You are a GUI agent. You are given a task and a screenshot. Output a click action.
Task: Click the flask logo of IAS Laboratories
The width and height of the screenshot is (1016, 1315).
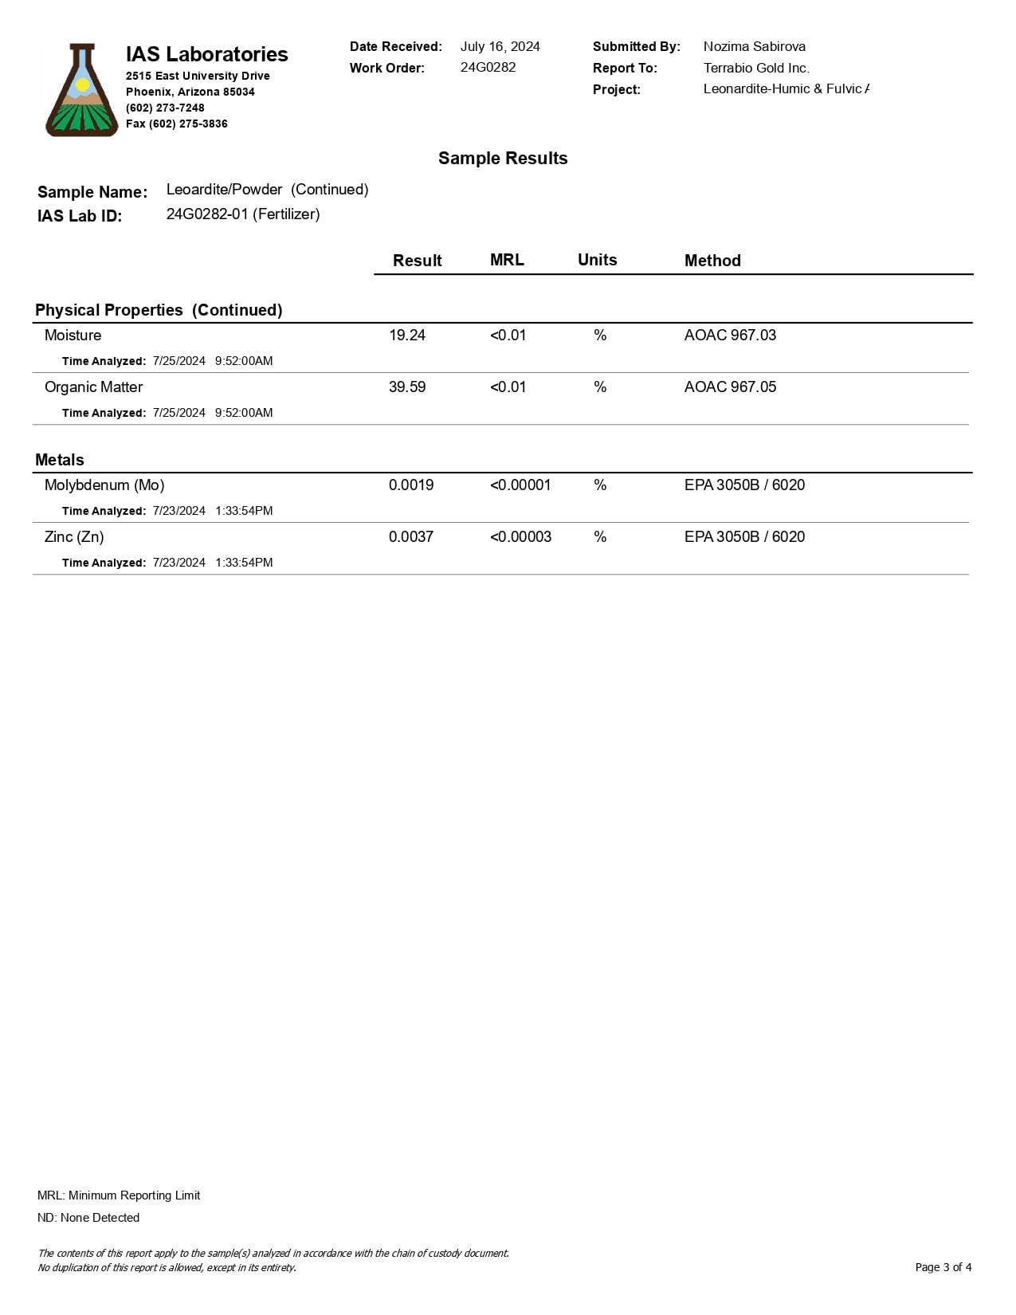pyautogui.click(x=81, y=90)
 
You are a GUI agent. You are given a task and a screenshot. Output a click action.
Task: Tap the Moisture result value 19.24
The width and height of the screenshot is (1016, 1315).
pyautogui.click(x=406, y=336)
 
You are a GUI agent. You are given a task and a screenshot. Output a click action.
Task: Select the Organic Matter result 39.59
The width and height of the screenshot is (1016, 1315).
pyautogui.click(x=406, y=387)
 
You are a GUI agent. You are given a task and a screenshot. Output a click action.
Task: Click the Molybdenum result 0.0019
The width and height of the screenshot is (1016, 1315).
pyautogui.click(x=410, y=485)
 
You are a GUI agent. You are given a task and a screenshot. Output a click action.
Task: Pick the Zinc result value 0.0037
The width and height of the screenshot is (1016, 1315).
pyautogui.click(x=410, y=537)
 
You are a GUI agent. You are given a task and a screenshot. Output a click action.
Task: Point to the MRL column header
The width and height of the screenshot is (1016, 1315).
pyautogui.click(x=507, y=260)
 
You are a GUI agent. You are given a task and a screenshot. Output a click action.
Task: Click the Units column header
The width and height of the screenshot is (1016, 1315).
pyautogui.click(x=597, y=260)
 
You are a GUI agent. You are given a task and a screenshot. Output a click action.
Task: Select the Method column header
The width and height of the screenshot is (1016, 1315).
pyautogui.click(x=712, y=261)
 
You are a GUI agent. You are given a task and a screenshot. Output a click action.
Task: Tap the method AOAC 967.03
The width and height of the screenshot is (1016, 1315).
pyautogui.click(x=730, y=336)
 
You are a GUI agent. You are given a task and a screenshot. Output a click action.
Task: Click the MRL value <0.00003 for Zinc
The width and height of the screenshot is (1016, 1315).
pyautogui.click(x=520, y=537)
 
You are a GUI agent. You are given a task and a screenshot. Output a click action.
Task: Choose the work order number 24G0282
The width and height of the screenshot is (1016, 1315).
pyautogui.click(x=488, y=68)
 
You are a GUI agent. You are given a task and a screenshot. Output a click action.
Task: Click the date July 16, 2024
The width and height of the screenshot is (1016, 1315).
pyautogui.click(x=500, y=47)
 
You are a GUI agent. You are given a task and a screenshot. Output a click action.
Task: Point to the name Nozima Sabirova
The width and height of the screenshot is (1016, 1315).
pyautogui.click(x=754, y=47)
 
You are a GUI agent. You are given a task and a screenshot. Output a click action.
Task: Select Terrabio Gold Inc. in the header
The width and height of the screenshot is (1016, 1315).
pyautogui.click(x=755, y=69)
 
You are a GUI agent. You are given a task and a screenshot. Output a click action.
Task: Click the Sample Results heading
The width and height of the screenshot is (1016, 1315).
pyautogui.click(x=503, y=159)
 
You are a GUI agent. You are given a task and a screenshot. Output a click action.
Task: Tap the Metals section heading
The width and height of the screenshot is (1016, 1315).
pyautogui.click(x=60, y=460)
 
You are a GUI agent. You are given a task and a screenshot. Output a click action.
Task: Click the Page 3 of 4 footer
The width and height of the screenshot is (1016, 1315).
pyautogui.click(x=943, y=1267)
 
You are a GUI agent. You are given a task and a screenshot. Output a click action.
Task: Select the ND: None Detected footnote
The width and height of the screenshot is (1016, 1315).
pyautogui.click(x=88, y=1218)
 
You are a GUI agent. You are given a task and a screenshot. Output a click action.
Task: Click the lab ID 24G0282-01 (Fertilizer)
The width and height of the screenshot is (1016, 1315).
pyautogui.click(x=243, y=214)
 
